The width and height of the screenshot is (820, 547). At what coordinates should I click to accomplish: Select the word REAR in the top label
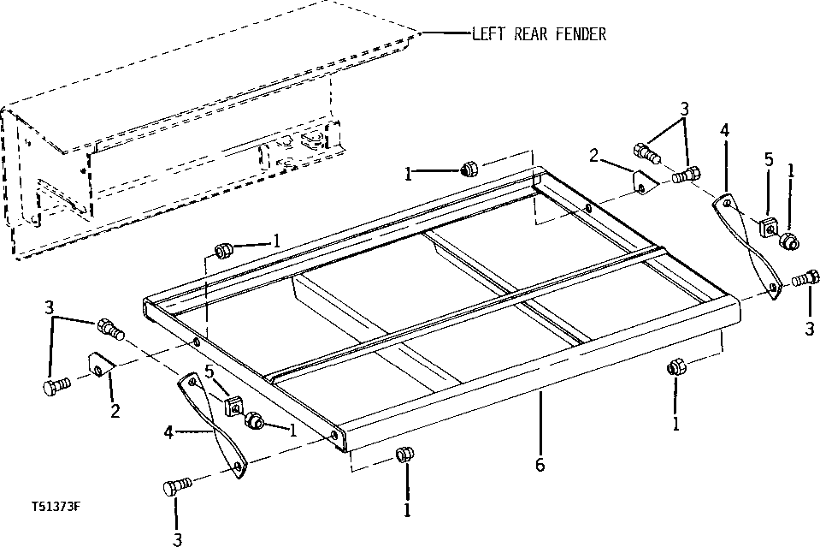(531, 34)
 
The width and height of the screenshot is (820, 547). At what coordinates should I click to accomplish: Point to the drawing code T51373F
(51, 507)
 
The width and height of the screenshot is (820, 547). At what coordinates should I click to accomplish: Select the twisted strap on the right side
(747, 247)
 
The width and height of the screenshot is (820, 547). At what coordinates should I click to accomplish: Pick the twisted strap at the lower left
(212, 424)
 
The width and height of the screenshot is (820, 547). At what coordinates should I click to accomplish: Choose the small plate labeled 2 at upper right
(643, 184)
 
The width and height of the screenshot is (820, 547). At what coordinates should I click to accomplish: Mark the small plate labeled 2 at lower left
(101, 366)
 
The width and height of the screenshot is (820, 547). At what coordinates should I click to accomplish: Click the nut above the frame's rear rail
(469, 169)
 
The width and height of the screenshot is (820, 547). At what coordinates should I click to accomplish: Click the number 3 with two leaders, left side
(50, 307)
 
